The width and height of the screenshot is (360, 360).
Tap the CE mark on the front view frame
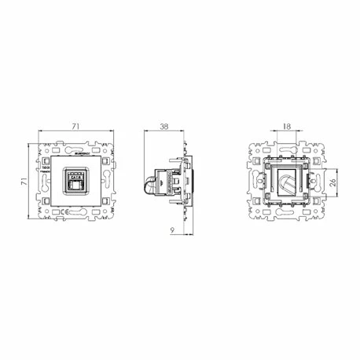point(46,167)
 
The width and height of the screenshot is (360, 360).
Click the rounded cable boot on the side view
point(149,186)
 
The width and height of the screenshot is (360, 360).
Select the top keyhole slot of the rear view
point(285,149)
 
